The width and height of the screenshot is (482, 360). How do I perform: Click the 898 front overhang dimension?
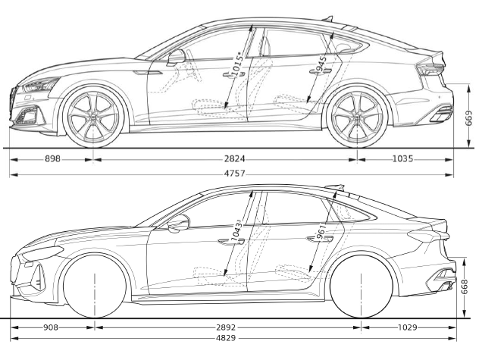[x=52, y=159]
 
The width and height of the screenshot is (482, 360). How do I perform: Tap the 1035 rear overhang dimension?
[x=403, y=159]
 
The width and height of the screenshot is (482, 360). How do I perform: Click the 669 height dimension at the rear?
[x=469, y=118]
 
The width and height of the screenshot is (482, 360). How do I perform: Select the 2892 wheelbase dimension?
[x=226, y=327]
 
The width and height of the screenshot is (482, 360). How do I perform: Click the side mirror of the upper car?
[x=177, y=56]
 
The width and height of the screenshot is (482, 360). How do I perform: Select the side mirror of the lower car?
[x=179, y=223]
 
